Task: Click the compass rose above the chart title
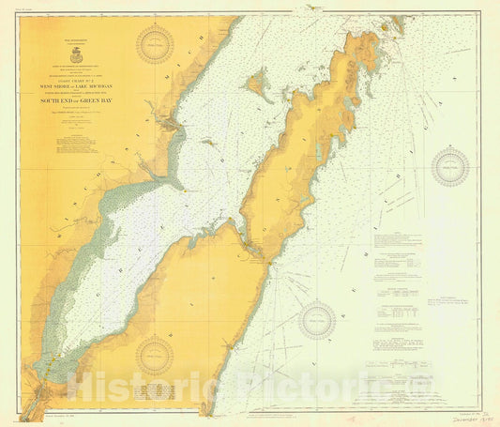point(155,44)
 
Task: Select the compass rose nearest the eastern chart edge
point(450,168)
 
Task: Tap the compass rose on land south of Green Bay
point(155,356)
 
